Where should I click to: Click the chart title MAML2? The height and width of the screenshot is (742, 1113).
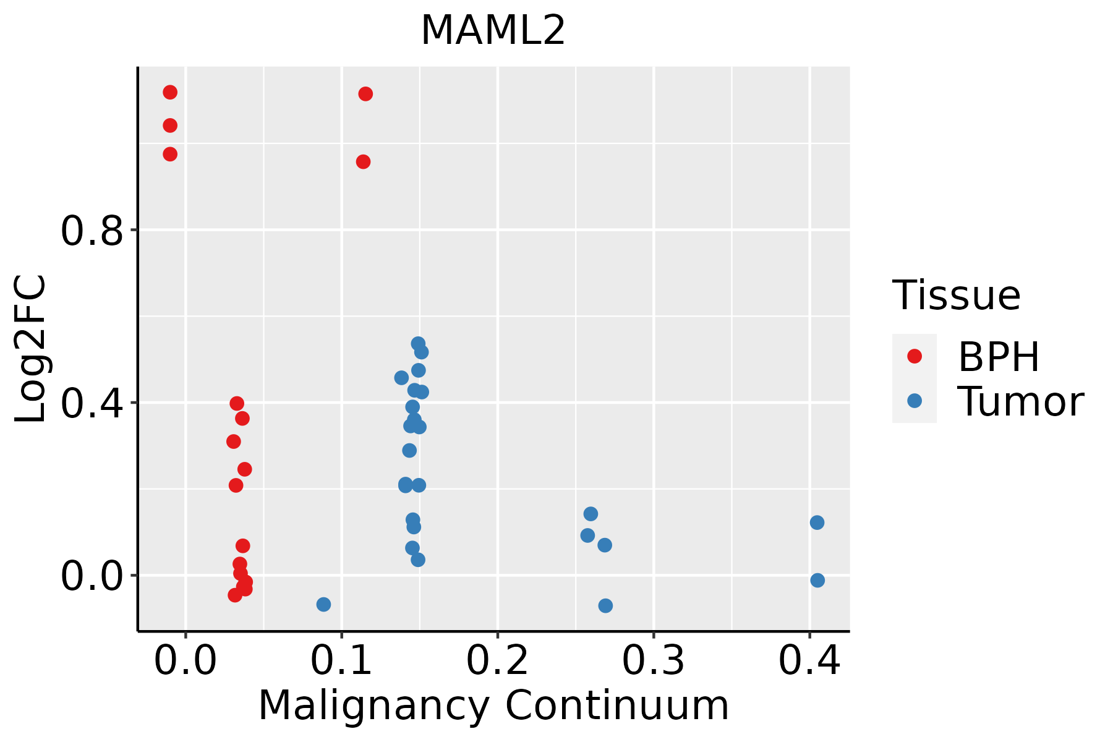point(493,31)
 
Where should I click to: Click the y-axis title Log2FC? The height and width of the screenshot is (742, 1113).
point(31,349)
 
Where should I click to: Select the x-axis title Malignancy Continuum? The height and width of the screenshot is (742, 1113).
point(493,706)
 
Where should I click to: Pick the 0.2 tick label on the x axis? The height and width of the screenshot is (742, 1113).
point(497,661)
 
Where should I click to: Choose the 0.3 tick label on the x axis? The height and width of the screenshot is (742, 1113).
point(653,661)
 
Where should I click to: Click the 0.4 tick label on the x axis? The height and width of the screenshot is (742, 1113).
point(809,661)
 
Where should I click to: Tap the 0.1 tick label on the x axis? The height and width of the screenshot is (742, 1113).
point(341,661)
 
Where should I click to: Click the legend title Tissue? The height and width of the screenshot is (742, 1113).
point(957,296)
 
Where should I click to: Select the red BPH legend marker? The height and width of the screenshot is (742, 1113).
point(914,356)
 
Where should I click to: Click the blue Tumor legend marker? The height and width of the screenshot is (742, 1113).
point(914,401)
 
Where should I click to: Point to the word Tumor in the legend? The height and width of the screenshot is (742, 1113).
point(1020,402)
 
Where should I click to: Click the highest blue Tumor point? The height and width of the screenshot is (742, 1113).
point(418,344)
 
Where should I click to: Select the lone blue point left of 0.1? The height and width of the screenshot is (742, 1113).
point(323,604)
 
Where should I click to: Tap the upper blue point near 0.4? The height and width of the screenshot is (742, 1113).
point(817,522)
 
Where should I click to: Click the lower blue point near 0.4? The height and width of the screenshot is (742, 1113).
point(817,580)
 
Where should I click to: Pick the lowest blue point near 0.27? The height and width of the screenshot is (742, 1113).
point(605,605)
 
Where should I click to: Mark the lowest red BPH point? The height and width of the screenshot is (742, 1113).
point(235,595)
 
